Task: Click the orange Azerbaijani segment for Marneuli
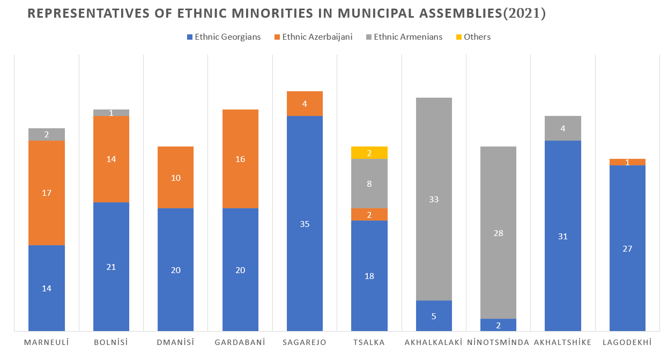pos(47,193)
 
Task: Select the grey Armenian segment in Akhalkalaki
pos(434,199)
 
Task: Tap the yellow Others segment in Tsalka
pos(369,152)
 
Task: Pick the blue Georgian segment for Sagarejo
pos(305,223)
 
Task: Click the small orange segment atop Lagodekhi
pos(627,162)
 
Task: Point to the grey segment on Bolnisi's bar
pos(111,113)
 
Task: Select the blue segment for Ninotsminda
pos(498,325)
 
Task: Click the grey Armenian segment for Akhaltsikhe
pos(563,128)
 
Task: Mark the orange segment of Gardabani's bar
pos(240,159)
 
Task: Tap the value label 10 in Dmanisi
pos(175,178)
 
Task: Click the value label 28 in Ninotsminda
pos(498,233)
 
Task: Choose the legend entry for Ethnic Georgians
pos(224,37)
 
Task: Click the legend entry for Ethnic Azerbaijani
pos(313,37)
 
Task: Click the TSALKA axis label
pos(369,342)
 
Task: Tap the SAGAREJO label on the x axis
pos(305,342)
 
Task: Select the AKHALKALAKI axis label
pos(433,342)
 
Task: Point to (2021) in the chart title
pos(524,14)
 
